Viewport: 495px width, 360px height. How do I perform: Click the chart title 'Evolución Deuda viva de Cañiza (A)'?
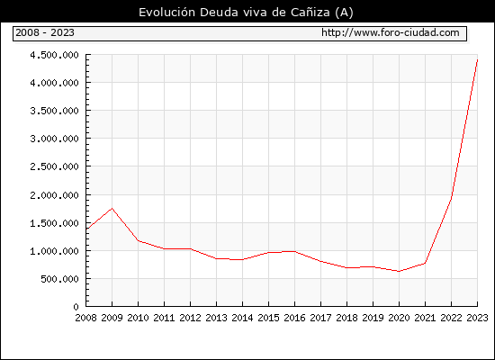(x=246, y=13)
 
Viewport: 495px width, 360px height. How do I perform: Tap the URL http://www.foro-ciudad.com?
(x=391, y=32)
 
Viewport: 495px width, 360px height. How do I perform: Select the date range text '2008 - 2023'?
(x=45, y=32)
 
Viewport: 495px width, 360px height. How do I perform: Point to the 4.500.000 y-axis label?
(x=54, y=55)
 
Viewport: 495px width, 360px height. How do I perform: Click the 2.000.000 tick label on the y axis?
(x=54, y=195)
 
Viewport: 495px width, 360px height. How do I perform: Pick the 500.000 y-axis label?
(x=59, y=279)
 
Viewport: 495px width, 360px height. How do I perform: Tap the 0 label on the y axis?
(x=76, y=307)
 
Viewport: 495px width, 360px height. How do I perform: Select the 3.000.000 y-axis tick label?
(x=54, y=139)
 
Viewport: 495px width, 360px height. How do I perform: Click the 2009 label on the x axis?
(x=112, y=318)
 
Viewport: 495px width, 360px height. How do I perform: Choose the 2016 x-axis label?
(x=294, y=318)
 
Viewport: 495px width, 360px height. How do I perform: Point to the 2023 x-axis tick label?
(x=477, y=318)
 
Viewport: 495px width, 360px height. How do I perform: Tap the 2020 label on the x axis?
(x=399, y=318)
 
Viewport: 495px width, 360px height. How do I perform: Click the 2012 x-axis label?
(x=190, y=318)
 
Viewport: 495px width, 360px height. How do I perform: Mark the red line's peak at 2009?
(x=112, y=209)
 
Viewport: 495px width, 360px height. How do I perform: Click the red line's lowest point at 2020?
(x=399, y=271)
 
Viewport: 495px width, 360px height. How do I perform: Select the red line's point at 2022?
(x=452, y=196)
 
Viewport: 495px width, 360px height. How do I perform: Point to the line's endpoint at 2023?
(x=477, y=59)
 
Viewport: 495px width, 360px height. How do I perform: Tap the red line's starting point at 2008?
(x=86, y=229)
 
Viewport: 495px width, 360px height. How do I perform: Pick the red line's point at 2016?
(x=294, y=251)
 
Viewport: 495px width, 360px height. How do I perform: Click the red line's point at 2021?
(x=425, y=263)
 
